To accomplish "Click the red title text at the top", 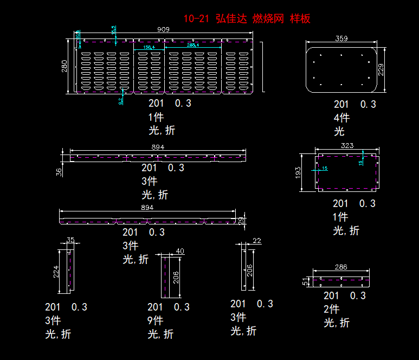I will (x=247, y=19).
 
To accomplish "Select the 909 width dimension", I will (x=163, y=29).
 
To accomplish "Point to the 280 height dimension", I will (x=65, y=66).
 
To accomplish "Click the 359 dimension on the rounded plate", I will (x=341, y=38).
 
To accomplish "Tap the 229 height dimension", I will (x=381, y=70).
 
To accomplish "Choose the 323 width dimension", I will (x=347, y=145).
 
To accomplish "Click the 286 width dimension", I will (x=341, y=267).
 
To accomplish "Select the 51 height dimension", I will (x=305, y=281).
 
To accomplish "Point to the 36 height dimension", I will (x=59, y=171).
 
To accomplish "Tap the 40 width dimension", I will (x=180, y=251).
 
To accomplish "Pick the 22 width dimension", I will (x=256, y=240).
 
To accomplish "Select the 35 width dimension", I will (x=70, y=240).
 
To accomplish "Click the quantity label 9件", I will (x=155, y=320).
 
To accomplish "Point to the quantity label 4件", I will (x=341, y=118).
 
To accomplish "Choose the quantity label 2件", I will (x=331, y=309).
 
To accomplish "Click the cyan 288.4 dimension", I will (x=193, y=45).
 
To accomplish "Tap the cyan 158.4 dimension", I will (x=149, y=47).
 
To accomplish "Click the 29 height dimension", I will (x=241, y=220).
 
